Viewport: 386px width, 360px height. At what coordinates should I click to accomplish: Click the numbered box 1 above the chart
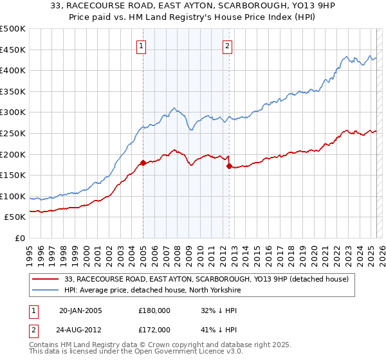coord(140,45)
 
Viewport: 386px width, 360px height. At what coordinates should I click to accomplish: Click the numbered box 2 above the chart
coord(228,45)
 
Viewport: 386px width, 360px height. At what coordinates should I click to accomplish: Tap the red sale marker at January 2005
coord(143,163)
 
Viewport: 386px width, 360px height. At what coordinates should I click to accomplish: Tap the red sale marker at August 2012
coord(229,166)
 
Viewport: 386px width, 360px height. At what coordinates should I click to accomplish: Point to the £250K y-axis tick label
coord(13,133)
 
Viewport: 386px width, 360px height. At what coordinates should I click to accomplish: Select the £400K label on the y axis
coord(13,70)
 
